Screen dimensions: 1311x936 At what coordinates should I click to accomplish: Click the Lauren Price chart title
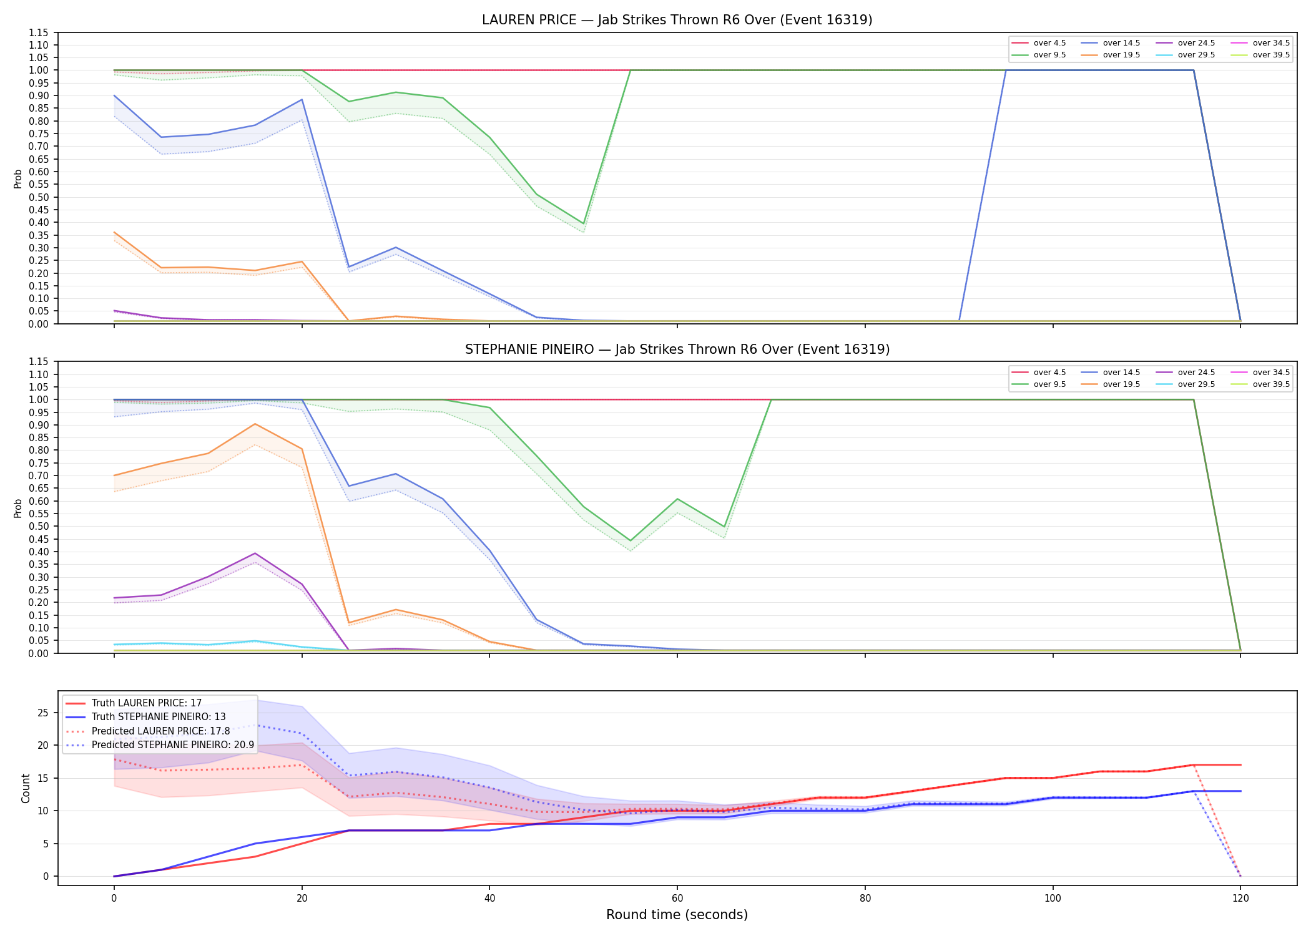pyautogui.click(x=677, y=20)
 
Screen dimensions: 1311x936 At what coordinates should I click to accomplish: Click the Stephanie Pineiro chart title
pyautogui.click(x=677, y=349)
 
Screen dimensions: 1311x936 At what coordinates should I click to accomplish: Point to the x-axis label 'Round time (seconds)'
pyautogui.click(x=677, y=915)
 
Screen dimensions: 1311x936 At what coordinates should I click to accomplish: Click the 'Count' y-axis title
pyautogui.click(x=26, y=788)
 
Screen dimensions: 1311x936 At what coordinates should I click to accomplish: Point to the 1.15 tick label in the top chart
pyautogui.click(x=39, y=32)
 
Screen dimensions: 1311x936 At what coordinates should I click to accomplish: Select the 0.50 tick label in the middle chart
pyautogui.click(x=39, y=526)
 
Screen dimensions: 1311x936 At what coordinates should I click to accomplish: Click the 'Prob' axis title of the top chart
pyautogui.click(x=18, y=178)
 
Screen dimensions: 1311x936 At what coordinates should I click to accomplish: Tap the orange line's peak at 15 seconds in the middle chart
pyautogui.click(x=255, y=424)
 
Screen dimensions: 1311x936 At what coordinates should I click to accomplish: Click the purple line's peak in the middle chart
pyautogui.click(x=255, y=553)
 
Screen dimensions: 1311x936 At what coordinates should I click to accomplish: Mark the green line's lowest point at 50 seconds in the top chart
pyautogui.click(x=583, y=223)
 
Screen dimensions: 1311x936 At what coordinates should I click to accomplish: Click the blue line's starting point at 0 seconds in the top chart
pyautogui.click(x=114, y=95)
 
